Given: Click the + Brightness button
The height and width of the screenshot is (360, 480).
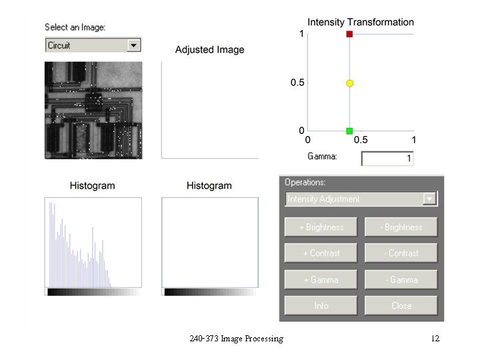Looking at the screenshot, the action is click(x=321, y=227).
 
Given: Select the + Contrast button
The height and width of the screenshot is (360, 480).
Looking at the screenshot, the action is click(x=321, y=253).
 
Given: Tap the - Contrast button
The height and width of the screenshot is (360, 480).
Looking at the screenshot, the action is click(x=401, y=253).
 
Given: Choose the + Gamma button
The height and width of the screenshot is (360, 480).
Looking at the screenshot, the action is click(x=321, y=279).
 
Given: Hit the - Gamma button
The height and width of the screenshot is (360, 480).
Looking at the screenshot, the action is click(x=401, y=279).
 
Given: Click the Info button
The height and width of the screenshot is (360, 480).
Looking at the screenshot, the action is click(x=321, y=305).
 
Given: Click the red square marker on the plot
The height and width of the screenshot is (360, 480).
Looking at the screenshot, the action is click(x=349, y=33).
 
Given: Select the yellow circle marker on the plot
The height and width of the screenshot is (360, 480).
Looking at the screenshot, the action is click(x=349, y=83).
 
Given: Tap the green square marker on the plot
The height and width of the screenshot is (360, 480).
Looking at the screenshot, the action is click(x=349, y=131).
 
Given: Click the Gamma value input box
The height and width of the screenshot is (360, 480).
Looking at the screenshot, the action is click(x=387, y=159).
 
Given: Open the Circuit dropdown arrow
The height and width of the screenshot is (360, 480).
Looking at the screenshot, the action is click(x=134, y=45).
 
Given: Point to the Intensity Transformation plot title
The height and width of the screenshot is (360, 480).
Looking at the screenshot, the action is click(x=361, y=22).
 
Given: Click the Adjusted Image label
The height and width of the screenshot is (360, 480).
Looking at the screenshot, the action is click(x=209, y=49).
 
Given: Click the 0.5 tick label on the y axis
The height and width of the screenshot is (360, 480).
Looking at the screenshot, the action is click(x=297, y=83).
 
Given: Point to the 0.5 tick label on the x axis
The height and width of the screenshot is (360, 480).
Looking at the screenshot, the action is click(x=360, y=140).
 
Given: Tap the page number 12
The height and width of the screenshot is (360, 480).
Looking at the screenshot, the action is click(x=435, y=339).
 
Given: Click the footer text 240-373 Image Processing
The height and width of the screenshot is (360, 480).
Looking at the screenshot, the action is click(x=236, y=339).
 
